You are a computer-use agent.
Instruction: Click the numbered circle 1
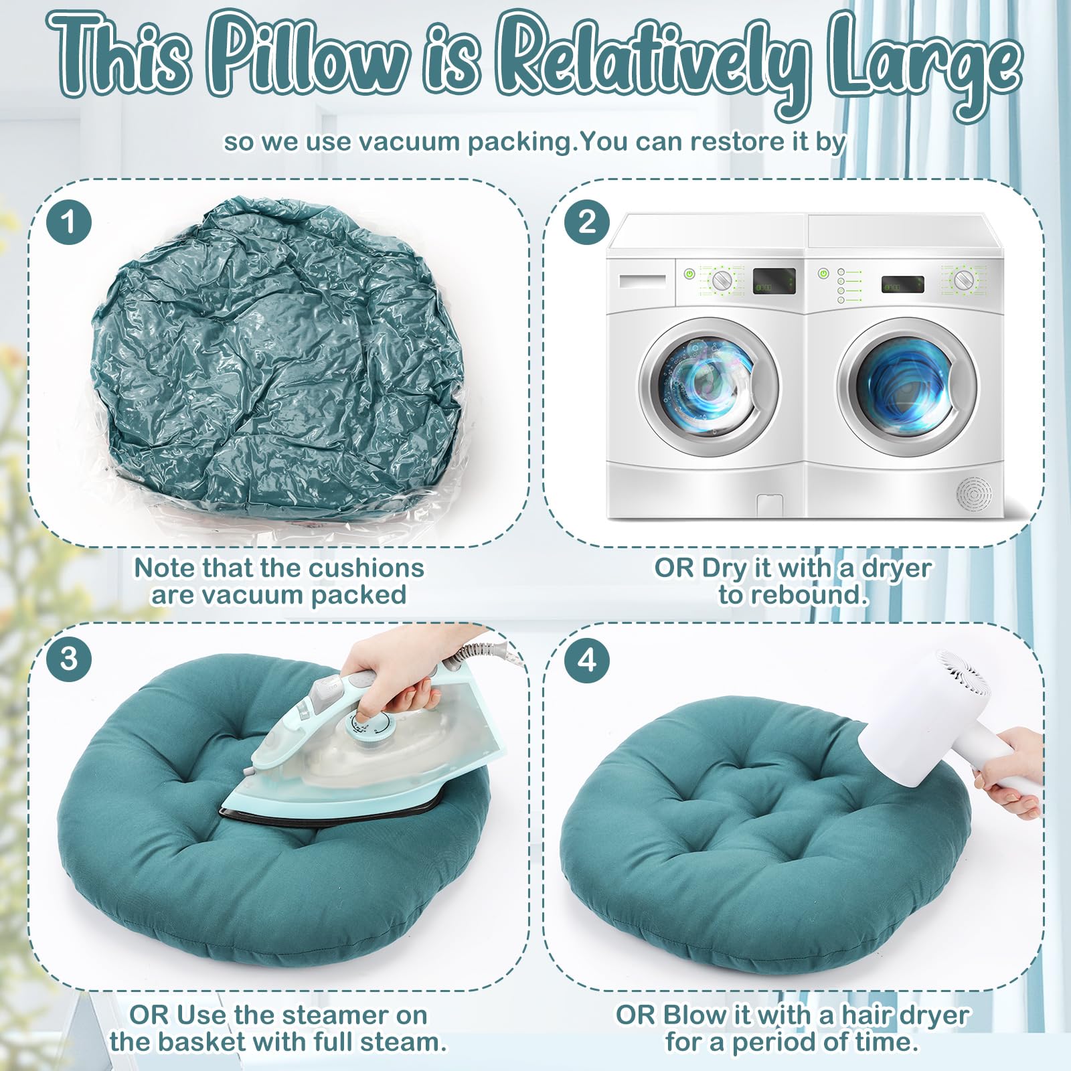pyautogui.click(x=69, y=222)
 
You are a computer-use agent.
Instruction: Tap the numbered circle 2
pyautogui.click(x=587, y=222)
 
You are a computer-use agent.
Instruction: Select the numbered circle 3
pyautogui.click(x=69, y=659)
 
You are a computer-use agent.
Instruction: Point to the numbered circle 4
pyautogui.click(x=587, y=661)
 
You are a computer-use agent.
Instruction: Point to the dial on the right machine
pyautogui.click(x=963, y=280)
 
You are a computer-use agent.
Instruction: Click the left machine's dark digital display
pyautogui.click(x=774, y=281)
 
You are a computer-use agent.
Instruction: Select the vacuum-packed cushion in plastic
pyautogui.click(x=277, y=361)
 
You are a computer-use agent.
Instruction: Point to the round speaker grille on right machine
pyautogui.click(x=973, y=494)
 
